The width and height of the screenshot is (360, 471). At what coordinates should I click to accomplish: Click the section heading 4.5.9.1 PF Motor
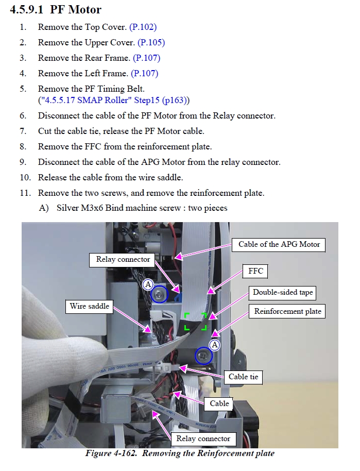click(x=56, y=10)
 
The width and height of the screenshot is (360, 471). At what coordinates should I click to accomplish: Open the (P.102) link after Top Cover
click(x=143, y=27)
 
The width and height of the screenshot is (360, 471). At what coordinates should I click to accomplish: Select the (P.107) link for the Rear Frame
click(x=146, y=58)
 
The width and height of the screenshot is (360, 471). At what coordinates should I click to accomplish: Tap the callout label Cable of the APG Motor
click(x=279, y=244)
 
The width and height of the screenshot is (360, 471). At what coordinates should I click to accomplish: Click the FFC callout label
click(x=255, y=271)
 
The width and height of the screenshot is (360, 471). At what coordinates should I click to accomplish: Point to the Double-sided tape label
click(x=283, y=293)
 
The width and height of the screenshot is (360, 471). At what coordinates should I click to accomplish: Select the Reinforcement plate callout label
click(x=287, y=311)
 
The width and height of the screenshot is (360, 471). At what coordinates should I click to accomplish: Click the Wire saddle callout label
click(x=90, y=306)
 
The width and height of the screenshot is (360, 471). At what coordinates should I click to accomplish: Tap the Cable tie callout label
click(x=243, y=377)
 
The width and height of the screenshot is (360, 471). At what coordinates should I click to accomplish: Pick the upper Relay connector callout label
click(x=123, y=259)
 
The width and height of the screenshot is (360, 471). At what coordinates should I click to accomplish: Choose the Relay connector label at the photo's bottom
click(x=203, y=439)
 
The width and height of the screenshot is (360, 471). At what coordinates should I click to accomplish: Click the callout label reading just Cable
click(x=219, y=403)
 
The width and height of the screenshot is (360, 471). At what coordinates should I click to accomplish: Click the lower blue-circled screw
click(x=204, y=356)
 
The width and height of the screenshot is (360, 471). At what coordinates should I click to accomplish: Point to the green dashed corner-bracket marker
click(x=196, y=321)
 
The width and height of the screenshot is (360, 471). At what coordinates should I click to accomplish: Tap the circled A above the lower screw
click(x=215, y=344)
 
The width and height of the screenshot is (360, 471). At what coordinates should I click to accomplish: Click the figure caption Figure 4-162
click(x=180, y=453)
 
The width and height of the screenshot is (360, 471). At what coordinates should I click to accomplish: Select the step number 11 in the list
click(x=26, y=193)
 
